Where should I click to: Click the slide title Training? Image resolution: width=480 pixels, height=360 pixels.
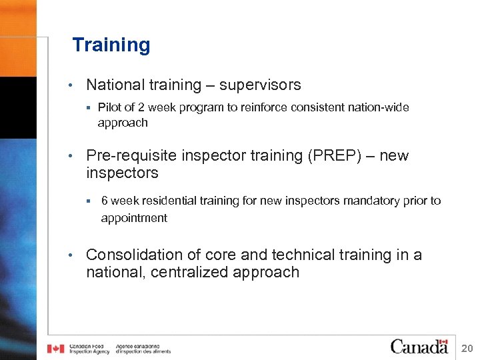pyautogui.click(x=111, y=45)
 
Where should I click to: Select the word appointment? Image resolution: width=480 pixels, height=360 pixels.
pyautogui.click(x=134, y=218)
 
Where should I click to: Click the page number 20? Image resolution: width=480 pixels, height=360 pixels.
pyautogui.click(x=467, y=347)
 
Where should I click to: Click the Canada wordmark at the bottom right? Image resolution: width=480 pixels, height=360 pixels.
pyautogui.click(x=419, y=346)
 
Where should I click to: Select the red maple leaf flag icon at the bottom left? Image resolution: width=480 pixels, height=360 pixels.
pyautogui.click(x=55, y=348)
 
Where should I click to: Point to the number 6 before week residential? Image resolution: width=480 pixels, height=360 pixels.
pyautogui.click(x=105, y=201)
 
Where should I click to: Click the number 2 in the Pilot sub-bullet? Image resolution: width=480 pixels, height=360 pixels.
pyautogui.click(x=150, y=107)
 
